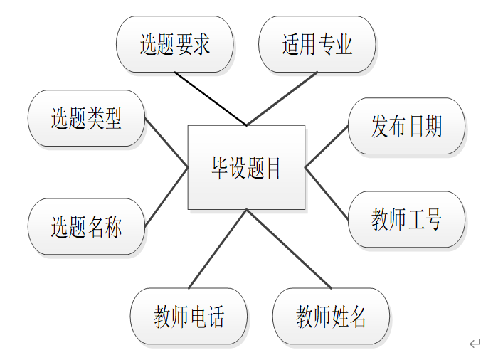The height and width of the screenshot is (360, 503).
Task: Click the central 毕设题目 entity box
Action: click(x=246, y=167)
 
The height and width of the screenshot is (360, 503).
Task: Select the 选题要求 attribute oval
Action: click(x=174, y=44)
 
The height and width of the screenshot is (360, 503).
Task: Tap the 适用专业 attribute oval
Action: click(x=317, y=44)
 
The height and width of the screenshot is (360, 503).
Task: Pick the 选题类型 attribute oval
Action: click(x=86, y=118)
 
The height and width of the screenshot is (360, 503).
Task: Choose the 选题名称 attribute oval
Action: click(x=86, y=227)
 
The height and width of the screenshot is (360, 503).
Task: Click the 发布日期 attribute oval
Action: click(x=406, y=127)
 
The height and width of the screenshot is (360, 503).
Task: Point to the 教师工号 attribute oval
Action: click(x=406, y=219)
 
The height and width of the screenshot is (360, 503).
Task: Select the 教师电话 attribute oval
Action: click(x=189, y=316)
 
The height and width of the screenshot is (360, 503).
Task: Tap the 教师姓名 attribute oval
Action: click(x=332, y=316)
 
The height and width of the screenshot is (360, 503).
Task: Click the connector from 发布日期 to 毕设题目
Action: click(x=327, y=147)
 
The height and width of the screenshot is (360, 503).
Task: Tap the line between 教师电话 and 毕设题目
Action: click(x=218, y=248)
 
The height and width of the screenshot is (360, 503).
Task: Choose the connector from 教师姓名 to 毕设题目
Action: click(x=289, y=248)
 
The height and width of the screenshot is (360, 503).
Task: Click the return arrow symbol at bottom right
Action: click(x=475, y=344)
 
